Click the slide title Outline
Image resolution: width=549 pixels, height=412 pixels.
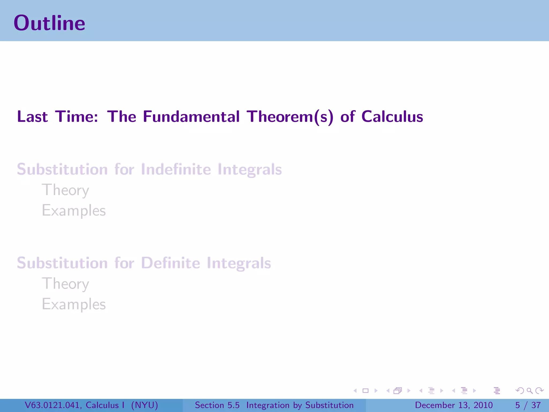click(49, 23)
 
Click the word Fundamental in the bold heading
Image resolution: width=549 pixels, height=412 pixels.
click(191, 117)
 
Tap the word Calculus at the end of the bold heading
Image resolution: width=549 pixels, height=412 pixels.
click(392, 117)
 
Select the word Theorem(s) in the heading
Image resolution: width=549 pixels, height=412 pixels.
click(290, 117)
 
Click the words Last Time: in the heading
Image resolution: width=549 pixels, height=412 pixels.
click(57, 117)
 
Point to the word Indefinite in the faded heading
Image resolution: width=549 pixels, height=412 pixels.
click(176, 169)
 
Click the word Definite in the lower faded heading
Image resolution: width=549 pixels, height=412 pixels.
click(170, 263)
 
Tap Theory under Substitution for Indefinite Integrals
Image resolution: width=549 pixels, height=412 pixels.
click(65, 190)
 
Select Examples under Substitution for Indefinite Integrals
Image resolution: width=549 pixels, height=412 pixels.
click(74, 211)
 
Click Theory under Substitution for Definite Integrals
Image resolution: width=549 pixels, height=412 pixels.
click(65, 284)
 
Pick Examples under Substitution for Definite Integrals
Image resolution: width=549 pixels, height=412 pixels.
click(74, 304)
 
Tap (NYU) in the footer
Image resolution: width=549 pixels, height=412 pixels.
click(144, 405)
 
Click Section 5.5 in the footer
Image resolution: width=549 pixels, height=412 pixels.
click(217, 405)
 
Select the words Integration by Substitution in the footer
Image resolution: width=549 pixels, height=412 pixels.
click(300, 405)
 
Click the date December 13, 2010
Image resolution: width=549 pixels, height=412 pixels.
click(454, 405)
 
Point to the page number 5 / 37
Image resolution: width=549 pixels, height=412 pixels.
click(528, 405)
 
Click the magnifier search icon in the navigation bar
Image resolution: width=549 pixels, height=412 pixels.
click(529, 391)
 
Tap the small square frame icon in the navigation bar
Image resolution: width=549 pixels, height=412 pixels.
click(365, 391)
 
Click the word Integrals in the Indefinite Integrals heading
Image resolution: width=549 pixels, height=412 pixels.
click(250, 170)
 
